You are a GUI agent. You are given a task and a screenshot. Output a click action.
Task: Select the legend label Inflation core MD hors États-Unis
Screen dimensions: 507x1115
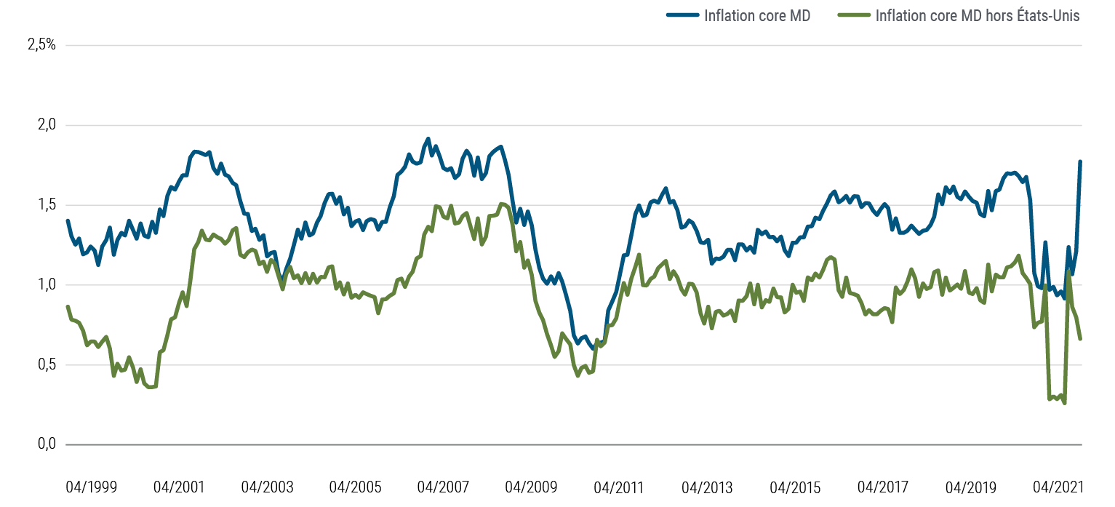tap(978, 16)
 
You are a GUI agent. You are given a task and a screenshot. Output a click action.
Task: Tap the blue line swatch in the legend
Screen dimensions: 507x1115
tap(683, 16)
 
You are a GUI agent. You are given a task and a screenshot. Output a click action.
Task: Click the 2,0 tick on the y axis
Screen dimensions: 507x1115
tap(45, 125)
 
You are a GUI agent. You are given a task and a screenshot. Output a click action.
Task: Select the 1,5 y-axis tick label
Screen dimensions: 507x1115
tap(45, 205)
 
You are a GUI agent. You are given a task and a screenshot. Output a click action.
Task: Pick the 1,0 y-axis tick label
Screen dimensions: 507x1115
tap(45, 285)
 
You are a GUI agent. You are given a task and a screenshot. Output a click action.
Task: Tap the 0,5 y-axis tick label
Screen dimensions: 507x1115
tap(45, 365)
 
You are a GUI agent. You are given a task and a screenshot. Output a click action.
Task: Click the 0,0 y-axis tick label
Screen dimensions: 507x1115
tap(45, 444)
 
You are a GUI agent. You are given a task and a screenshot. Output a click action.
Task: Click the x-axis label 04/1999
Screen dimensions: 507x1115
tap(91, 487)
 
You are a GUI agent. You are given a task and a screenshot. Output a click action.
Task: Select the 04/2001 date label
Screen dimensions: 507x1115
tap(178, 487)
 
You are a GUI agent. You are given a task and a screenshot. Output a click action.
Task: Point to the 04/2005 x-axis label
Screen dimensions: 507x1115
tap(355, 487)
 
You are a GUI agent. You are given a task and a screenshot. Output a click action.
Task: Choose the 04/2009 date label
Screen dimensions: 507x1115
tap(531, 487)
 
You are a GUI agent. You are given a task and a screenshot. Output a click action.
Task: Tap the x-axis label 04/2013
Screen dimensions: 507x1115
tap(708, 487)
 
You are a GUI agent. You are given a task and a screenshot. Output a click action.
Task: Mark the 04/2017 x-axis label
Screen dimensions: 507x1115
tap(884, 487)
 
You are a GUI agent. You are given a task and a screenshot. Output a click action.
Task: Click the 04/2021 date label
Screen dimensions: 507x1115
tap(1060, 487)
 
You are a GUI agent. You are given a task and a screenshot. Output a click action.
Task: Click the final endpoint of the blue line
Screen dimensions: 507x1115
tap(1081, 161)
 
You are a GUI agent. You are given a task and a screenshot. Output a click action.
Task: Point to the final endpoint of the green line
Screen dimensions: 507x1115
tap(1081, 339)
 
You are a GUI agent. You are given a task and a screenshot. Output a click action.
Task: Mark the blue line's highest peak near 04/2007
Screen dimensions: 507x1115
tap(428, 138)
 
